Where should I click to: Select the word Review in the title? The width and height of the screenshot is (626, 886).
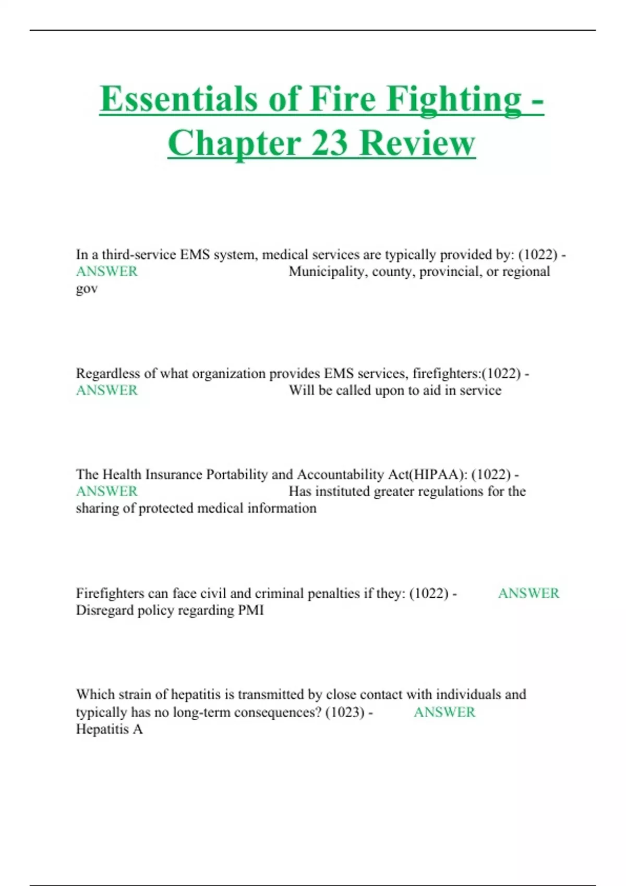tap(417, 143)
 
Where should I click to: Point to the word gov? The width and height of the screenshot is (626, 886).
tap(87, 289)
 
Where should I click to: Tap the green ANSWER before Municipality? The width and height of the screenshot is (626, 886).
tap(107, 272)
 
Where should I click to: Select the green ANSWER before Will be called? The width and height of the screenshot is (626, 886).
tap(107, 390)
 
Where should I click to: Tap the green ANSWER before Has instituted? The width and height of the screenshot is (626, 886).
tap(107, 491)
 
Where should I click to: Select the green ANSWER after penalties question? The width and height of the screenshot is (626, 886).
tap(528, 593)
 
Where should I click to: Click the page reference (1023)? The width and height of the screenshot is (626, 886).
tap(345, 712)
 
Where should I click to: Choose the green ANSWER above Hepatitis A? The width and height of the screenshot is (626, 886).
tap(444, 712)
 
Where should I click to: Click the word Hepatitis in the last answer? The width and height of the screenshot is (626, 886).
tap(102, 729)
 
